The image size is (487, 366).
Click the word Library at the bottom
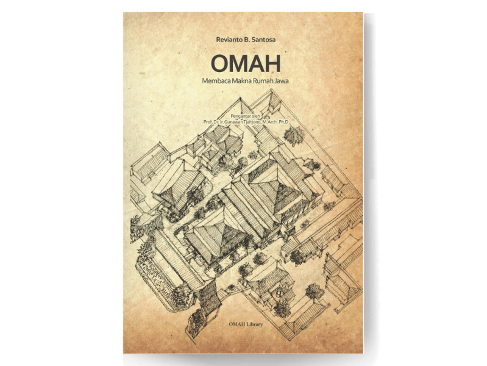click(x=254, y=325)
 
